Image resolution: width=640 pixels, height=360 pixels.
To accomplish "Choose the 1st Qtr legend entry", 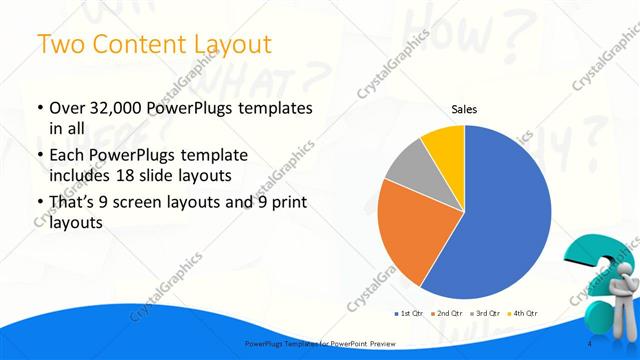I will click(x=410, y=314).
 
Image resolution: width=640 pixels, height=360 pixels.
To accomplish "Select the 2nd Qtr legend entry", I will click(x=447, y=314).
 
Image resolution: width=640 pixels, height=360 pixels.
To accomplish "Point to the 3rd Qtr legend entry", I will click(x=485, y=314).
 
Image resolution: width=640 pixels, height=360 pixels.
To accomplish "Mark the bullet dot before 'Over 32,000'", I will click(x=39, y=108).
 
